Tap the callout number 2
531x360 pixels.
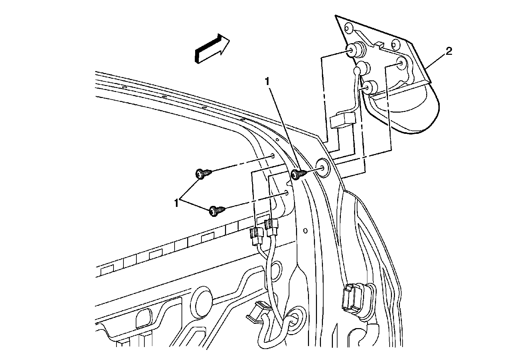[448, 51]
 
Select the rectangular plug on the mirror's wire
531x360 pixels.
[342, 120]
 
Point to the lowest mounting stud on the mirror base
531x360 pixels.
[369, 88]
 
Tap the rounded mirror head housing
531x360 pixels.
[412, 110]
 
